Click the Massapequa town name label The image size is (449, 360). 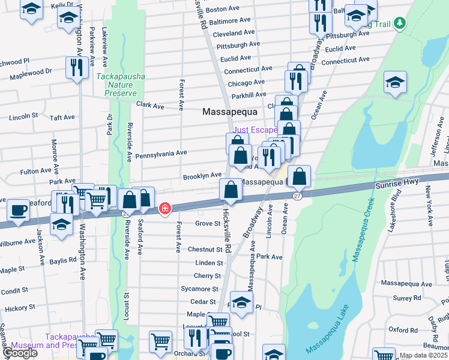coord(229,112)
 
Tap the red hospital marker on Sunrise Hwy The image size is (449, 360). coord(164,208)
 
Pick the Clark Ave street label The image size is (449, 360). coord(150,106)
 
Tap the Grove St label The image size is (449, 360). coord(209,223)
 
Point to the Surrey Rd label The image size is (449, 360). coord(408,298)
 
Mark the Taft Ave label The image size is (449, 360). coord(62,118)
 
